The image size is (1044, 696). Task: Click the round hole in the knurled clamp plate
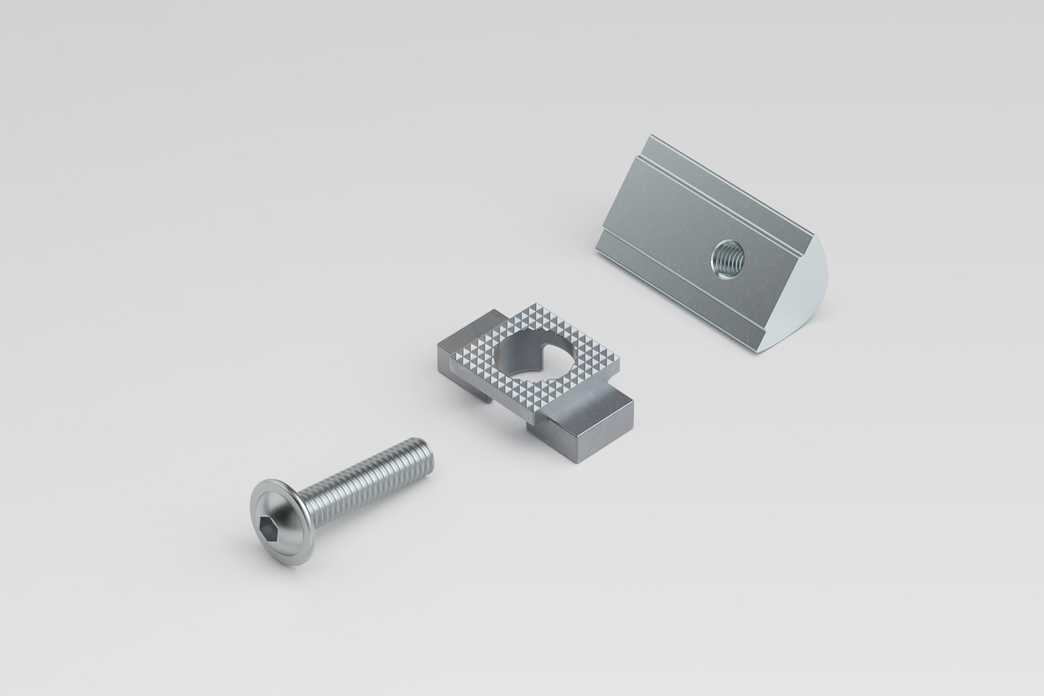pos(533,355)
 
